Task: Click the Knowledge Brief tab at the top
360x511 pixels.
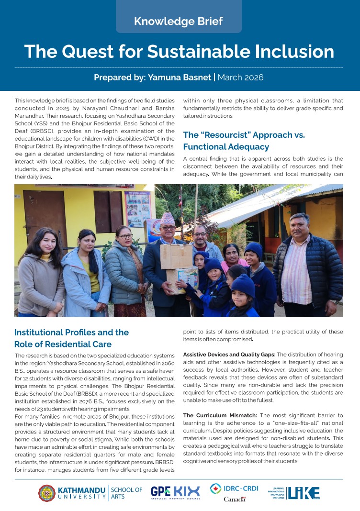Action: [179, 21]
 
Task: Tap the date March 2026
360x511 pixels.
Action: [241, 77]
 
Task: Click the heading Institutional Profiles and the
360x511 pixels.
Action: [72, 332]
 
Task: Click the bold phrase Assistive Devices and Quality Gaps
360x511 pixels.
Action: [228, 355]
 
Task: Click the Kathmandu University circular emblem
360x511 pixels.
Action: [46, 493]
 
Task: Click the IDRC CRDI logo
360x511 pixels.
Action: [234, 489]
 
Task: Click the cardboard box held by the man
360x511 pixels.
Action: [176, 256]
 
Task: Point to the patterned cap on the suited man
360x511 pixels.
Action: [168, 219]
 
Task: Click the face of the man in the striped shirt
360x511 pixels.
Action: [300, 227]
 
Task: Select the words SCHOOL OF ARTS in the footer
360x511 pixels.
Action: [126, 493]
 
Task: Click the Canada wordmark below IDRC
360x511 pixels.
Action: [235, 499]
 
